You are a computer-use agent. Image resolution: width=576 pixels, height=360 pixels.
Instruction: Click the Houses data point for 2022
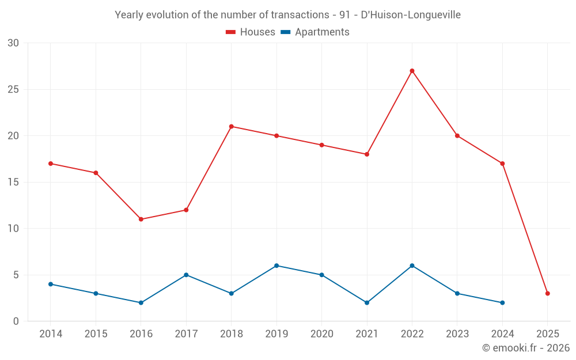[412, 71]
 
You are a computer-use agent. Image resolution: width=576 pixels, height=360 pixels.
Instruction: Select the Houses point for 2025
[547, 293]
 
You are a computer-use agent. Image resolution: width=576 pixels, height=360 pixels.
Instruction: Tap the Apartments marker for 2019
[276, 266]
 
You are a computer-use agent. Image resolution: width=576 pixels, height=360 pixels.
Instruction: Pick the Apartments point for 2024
[502, 302]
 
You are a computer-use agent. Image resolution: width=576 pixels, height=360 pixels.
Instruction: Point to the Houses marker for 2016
[141, 219]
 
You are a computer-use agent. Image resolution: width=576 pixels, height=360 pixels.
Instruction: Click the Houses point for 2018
[231, 126]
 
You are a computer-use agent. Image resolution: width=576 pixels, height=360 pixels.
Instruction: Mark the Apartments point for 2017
[186, 275]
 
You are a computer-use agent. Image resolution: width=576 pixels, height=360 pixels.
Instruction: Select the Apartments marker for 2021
[367, 302]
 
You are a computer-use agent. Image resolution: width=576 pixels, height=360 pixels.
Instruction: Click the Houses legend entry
[251, 32]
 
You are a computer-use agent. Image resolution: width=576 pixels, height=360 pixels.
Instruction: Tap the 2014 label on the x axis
[51, 334]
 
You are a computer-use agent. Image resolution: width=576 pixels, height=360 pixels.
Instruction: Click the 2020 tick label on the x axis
[321, 334]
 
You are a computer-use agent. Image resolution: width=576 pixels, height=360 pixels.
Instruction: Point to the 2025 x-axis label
[547, 334]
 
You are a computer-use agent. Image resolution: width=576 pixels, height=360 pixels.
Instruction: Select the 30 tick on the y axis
[13, 43]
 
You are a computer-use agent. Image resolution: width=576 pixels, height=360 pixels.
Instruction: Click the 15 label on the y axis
[13, 182]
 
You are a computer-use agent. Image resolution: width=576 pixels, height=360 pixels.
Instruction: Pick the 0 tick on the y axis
[16, 321]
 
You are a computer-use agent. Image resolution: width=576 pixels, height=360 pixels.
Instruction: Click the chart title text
[287, 15]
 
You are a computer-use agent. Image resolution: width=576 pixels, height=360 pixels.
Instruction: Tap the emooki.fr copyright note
[525, 348]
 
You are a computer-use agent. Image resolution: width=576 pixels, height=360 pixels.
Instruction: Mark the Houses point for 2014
[51, 164]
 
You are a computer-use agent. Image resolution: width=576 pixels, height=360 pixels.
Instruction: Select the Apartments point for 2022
[412, 266]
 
